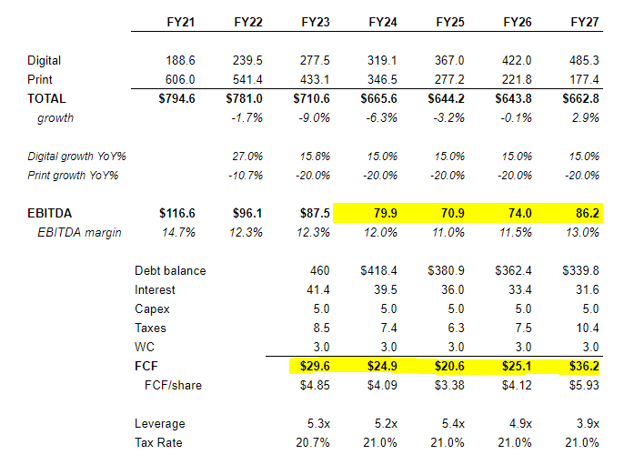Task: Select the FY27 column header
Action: (583, 20)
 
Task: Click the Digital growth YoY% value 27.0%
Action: (248, 157)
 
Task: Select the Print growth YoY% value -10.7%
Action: (247, 175)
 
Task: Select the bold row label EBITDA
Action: (49, 214)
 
